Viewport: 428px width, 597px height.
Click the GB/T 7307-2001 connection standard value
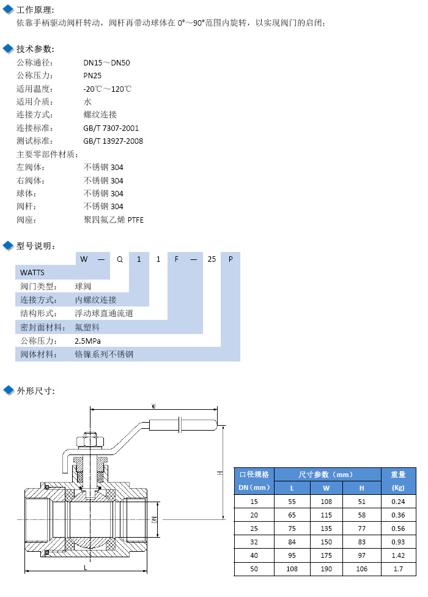(111, 128)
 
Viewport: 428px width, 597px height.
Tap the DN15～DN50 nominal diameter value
(106, 62)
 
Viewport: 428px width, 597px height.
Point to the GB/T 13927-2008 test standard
(113, 141)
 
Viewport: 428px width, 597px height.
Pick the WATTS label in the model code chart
(32, 272)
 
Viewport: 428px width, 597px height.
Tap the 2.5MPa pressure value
(87, 341)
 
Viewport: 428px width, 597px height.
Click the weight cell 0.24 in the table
(398, 501)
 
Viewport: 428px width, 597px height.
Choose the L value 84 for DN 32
(292, 542)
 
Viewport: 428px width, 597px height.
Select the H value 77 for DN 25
(361, 528)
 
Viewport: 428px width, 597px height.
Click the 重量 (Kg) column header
(398, 480)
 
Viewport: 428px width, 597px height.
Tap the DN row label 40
(254, 555)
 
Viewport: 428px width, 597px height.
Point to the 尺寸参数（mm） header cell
(327, 474)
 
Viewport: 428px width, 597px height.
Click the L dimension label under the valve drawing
(85, 568)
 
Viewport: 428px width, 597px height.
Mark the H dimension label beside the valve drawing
(219, 473)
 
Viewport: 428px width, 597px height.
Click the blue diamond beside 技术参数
(8, 49)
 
